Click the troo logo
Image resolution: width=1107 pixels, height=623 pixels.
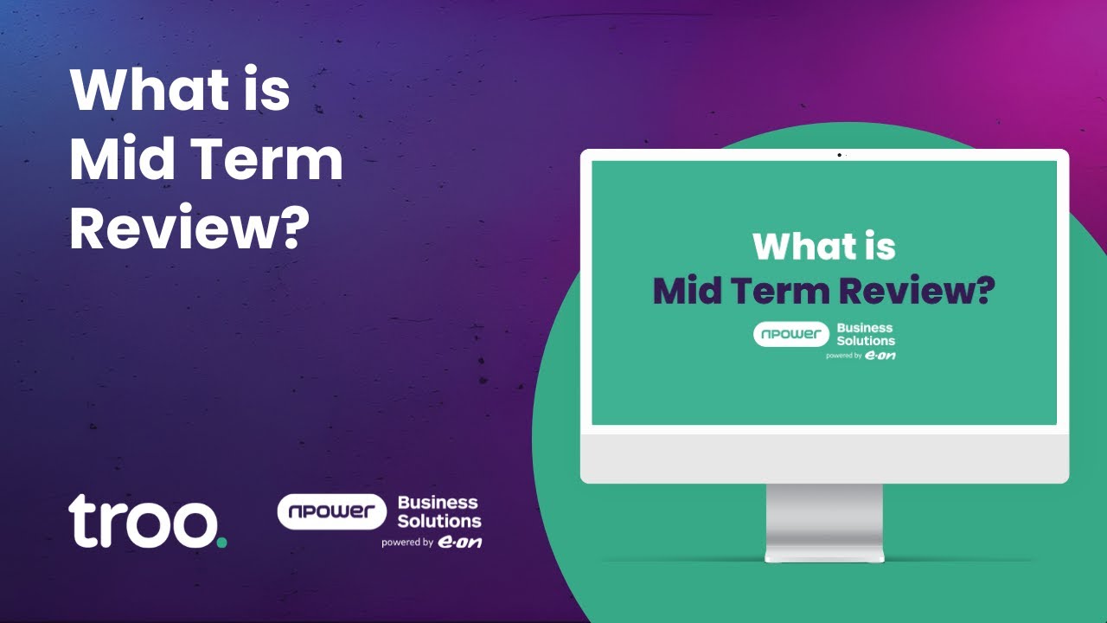(143, 522)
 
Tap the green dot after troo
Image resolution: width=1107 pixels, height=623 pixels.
(222, 543)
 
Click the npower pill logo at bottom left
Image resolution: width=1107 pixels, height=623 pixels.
(331, 511)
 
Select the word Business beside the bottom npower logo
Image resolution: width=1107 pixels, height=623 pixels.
(438, 502)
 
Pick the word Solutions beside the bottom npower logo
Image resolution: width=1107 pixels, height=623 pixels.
(439, 521)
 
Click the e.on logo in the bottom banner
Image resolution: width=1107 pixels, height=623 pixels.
(459, 543)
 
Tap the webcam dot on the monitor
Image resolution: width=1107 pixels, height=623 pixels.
(839, 155)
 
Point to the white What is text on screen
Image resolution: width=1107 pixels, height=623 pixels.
(823, 246)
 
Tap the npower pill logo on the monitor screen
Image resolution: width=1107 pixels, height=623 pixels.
(790, 334)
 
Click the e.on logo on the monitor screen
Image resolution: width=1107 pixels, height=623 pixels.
(880, 355)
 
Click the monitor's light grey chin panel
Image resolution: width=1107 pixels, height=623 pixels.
(824, 458)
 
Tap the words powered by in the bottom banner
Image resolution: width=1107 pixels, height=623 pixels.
(407, 543)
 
